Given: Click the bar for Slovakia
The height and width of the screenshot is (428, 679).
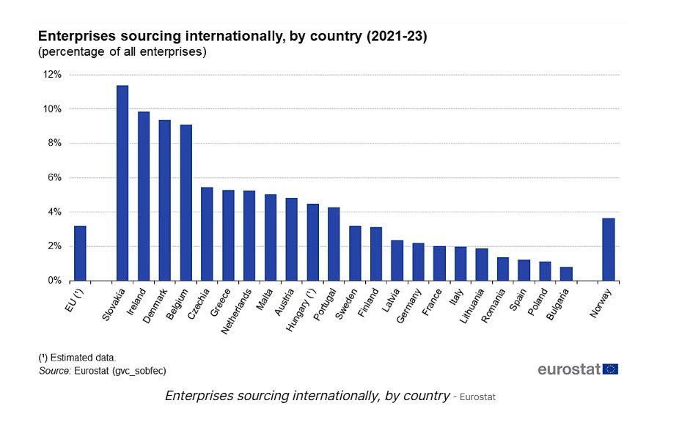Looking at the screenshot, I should (122, 183).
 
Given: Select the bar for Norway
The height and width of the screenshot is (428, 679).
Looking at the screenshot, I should (609, 249).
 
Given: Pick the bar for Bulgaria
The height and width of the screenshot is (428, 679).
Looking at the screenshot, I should (566, 273).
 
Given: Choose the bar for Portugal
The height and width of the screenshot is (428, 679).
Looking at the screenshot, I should (334, 244).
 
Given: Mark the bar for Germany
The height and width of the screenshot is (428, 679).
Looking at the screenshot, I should (418, 262).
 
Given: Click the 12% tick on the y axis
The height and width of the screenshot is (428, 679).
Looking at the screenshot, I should (52, 75).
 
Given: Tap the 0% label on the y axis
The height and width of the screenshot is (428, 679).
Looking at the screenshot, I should (54, 281).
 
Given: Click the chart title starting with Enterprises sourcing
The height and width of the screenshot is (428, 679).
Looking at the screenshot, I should (232, 36).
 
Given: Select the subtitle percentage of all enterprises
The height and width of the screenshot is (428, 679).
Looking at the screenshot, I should (122, 52).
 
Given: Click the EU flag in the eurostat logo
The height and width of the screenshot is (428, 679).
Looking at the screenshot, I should (610, 369).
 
